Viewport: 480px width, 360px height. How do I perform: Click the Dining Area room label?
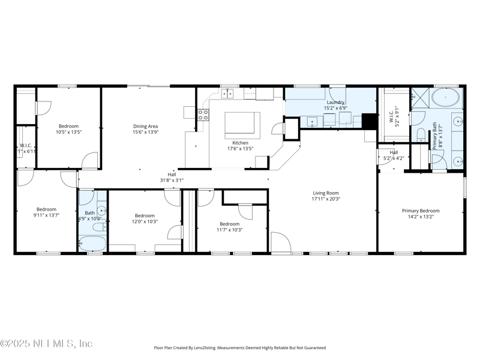pyautogui.click(x=145, y=127)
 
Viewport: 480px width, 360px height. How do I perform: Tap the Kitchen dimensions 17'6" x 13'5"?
pyautogui.click(x=240, y=149)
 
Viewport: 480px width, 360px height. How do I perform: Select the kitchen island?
pyautogui.click(x=243, y=124)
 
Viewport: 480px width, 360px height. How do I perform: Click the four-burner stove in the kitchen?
pyautogui.click(x=203, y=115)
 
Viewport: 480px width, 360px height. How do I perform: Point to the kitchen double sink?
pyautogui.click(x=229, y=94)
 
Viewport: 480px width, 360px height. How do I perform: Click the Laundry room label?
pyautogui.click(x=335, y=103)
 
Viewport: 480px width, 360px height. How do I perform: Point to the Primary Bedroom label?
pyautogui.click(x=421, y=211)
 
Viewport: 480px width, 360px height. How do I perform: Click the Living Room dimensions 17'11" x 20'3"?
pyautogui.click(x=326, y=199)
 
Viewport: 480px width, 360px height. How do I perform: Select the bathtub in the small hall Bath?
pyautogui.click(x=92, y=244)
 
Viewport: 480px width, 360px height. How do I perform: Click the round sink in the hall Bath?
pyautogui.click(x=102, y=211)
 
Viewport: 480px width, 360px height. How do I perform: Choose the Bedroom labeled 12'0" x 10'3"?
pyautogui.click(x=145, y=216)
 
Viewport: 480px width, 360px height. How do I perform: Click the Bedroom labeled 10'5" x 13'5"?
pyautogui.click(x=68, y=127)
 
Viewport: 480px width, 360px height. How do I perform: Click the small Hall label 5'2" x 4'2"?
pyautogui.click(x=394, y=153)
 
